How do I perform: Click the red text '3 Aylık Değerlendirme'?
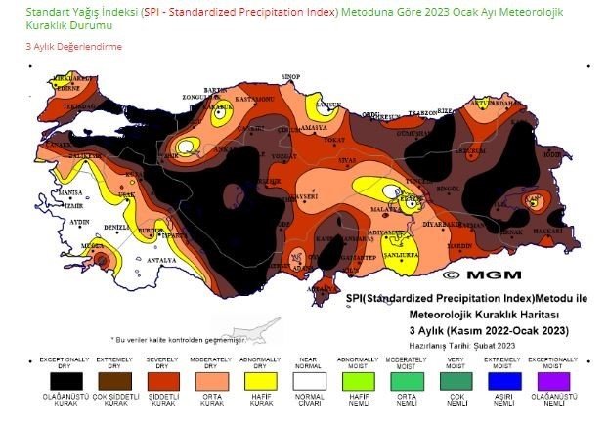pyautogui.click(x=73, y=46)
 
